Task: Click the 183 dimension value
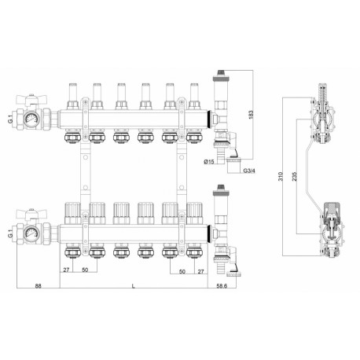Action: coord(251,115)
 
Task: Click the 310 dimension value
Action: coord(281,176)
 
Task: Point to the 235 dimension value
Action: coord(294,176)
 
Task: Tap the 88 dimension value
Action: coord(39,285)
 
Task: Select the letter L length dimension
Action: coord(134,286)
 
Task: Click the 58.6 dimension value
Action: coord(222,285)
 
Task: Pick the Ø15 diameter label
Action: coord(209,162)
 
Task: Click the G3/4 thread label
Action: coord(249,171)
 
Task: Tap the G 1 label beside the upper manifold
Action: coord(10,119)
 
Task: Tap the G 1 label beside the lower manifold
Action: coord(10,233)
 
